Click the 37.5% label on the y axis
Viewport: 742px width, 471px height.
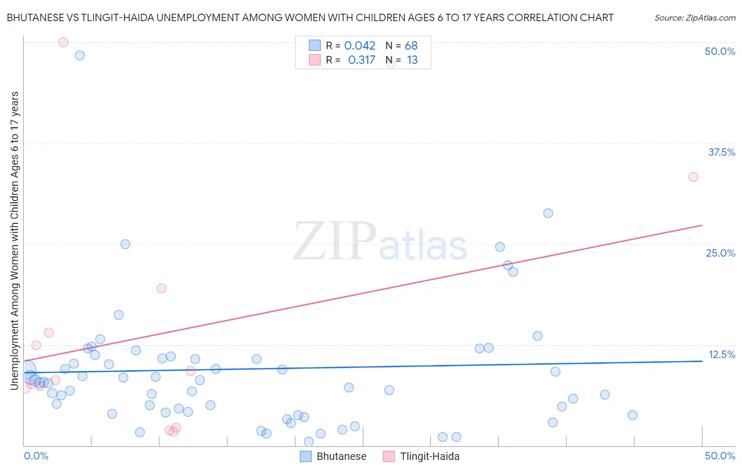click(x=721, y=152)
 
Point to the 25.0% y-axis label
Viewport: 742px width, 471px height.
click(x=720, y=253)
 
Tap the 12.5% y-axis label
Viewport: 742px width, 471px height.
click(x=721, y=354)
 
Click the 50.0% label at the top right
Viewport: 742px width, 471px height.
click(x=720, y=51)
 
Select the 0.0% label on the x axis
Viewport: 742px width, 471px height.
click(x=36, y=456)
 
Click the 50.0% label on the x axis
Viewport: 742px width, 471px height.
click(x=720, y=456)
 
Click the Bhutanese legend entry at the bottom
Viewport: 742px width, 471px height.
click(x=333, y=456)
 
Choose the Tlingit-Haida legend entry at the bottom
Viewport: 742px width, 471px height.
click(x=421, y=456)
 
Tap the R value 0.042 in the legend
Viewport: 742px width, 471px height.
click(x=359, y=46)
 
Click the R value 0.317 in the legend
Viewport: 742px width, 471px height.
click(x=362, y=60)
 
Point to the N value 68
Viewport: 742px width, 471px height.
click(x=411, y=46)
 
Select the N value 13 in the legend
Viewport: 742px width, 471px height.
click(x=412, y=60)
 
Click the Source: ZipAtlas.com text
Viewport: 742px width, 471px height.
click(x=695, y=18)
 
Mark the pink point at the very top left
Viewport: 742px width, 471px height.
click(x=63, y=42)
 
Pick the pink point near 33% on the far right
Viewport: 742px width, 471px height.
click(x=693, y=177)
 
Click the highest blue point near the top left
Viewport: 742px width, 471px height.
click(x=80, y=55)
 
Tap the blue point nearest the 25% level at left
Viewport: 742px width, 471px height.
click(x=125, y=244)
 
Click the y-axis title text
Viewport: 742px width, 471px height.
click(x=15, y=241)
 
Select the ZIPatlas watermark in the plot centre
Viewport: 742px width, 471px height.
click(x=379, y=242)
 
